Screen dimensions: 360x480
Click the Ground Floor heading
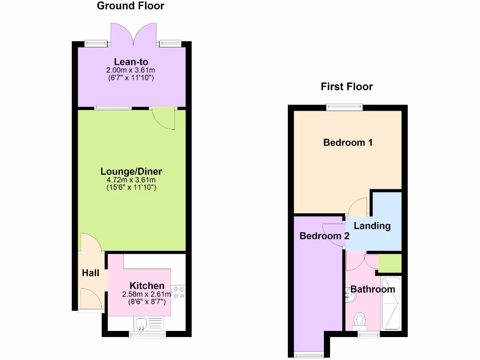click(130, 6)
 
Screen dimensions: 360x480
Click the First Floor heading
click(346, 87)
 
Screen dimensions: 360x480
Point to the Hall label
click(90, 273)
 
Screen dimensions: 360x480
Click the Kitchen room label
click(147, 286)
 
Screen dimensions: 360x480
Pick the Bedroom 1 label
click(348, 142)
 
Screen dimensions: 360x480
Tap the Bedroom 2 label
click(324, 236)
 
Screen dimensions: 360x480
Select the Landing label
click(372, 226)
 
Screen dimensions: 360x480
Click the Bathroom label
click(373, 289)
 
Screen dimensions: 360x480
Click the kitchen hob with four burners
click(179, 292)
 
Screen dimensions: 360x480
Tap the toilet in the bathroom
click(360, 320)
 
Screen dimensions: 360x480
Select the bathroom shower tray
click(391, 303)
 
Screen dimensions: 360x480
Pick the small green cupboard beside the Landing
click(390, 263)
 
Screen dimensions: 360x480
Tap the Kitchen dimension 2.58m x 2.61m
click(147, 294)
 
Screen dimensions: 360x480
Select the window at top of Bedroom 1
click(345, 107)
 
